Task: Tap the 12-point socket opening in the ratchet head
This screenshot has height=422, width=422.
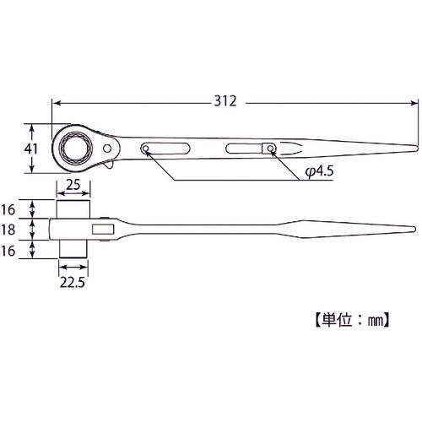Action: tap(73, 149)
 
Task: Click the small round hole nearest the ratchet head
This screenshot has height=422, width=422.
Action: tap(147, 150)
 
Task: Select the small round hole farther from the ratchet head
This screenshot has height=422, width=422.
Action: tap(270, 149)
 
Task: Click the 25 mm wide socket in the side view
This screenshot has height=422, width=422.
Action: tap(74, 208)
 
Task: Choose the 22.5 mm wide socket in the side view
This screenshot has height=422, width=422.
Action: tap(74, 248)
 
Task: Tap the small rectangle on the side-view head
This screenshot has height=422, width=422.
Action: tap(105, 229)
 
